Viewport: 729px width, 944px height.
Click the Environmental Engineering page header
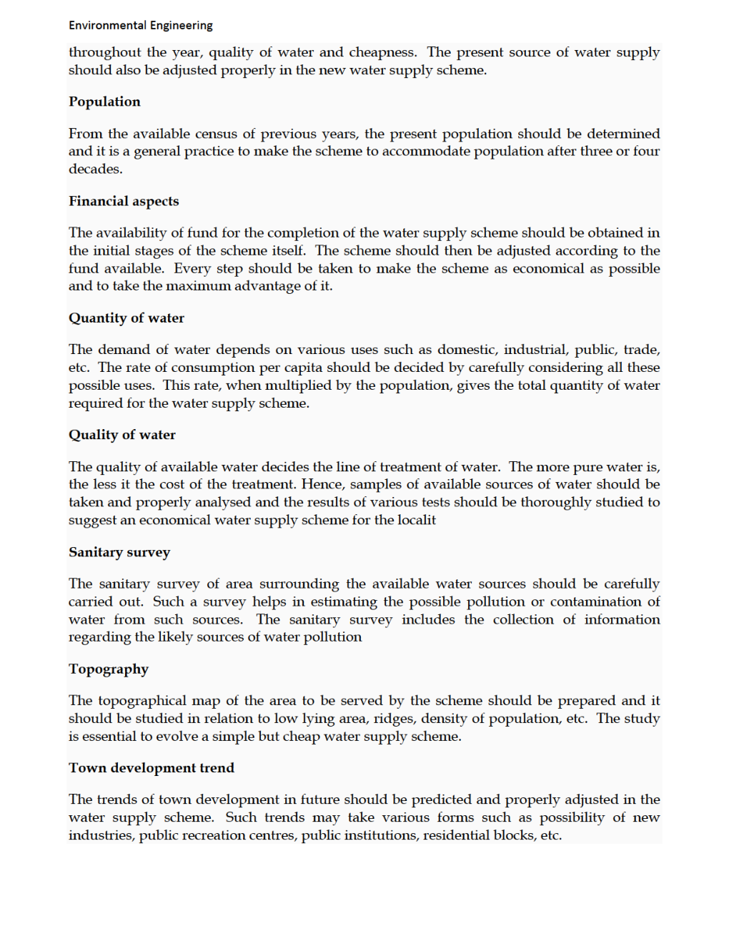pyautogui.click(x=141, y=26)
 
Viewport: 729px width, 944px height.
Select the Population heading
pyautogui.click(x=104, y=102)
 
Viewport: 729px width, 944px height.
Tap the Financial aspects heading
pyautogui.click(x=124, y=201)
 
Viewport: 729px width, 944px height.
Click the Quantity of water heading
pyautogui.click(x=127, y=318)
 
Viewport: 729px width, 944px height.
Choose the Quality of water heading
pyautogui.click(x=122, y=435)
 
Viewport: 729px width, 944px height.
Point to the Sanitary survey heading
pyautogui.click(x=119, y=552)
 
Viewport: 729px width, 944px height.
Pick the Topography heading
pyautogui.click(x=109, y=669)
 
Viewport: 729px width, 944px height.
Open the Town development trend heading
pyautogui.click(x=152, y=768)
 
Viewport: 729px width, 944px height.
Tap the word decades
pyautogui.click(x=95, y=169)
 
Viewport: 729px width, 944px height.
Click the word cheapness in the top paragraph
pyautogui.click(x=382, y=52)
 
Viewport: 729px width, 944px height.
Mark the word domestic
pyautogui.click(x=467, y=350)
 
